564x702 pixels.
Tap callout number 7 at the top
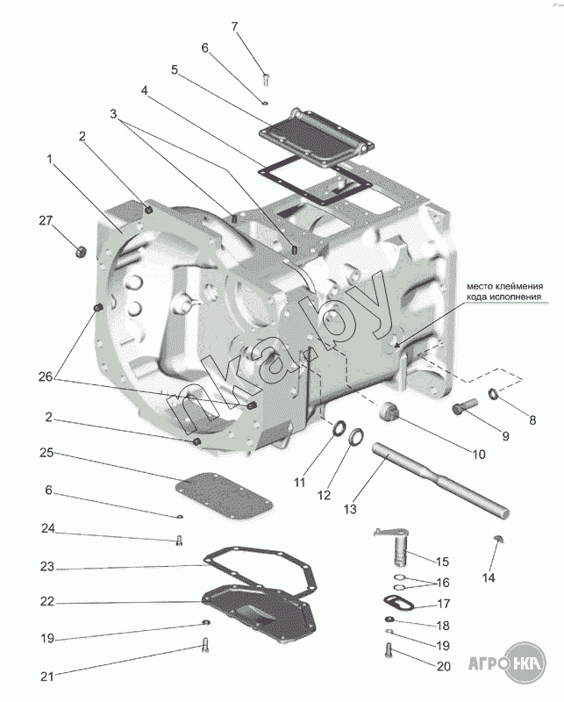[234, 25]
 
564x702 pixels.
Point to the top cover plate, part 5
[318, 140]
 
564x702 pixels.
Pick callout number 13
[350, 509]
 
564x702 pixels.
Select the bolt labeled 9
[465, 407]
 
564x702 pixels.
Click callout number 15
[442, 561]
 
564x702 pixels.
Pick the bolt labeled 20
[389, 652]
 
